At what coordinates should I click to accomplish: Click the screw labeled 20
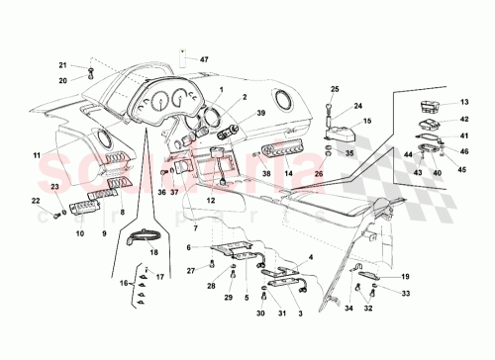pos(90,72)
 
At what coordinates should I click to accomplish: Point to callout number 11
pos(36,155)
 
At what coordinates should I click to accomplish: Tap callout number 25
pos(335,90)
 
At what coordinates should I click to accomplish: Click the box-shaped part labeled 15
pos(343,132)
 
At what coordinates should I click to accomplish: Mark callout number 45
pos(460,168)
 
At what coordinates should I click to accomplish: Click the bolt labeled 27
pos(212,264)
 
